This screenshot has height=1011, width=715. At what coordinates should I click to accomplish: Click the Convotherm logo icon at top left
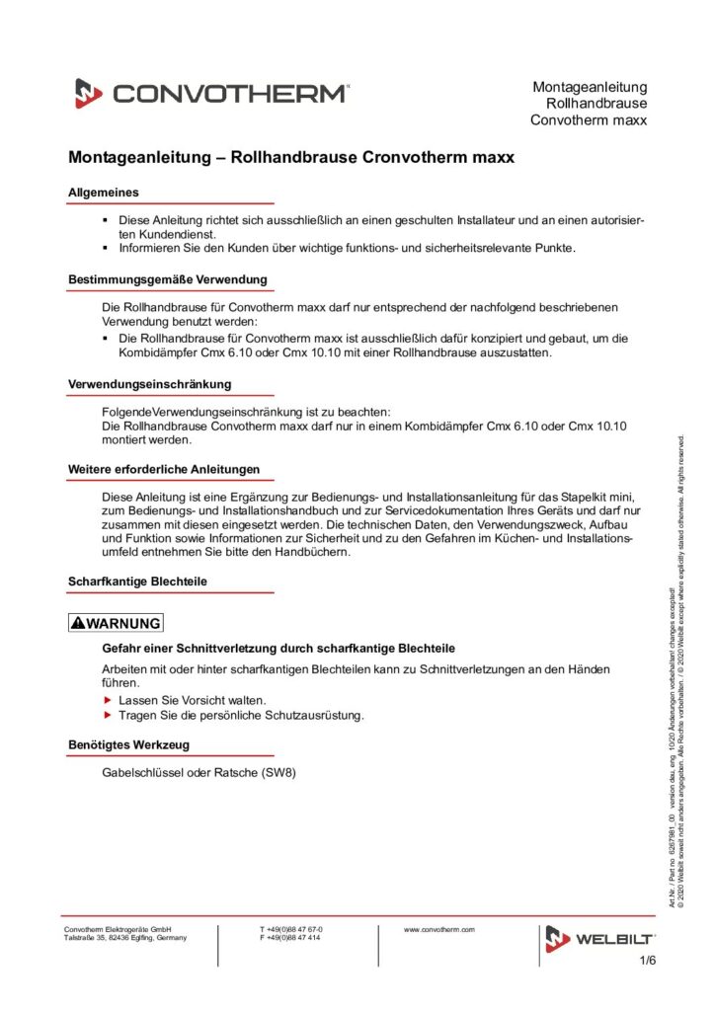(89, 94)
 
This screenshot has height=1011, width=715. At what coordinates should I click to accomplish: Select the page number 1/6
(648, 961)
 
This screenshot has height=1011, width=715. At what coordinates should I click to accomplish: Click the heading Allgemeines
(103, 192)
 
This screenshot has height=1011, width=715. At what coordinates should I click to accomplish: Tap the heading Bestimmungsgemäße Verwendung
(167, 279)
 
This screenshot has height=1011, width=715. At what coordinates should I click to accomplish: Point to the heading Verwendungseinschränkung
(149, 383)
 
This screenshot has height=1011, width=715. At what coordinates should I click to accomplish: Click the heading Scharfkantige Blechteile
(137, 582)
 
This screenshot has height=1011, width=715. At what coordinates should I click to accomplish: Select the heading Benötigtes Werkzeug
(128, 744)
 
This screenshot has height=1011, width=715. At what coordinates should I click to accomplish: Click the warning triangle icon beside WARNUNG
(79, 623)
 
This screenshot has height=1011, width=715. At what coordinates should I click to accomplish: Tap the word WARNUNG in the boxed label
(122, 623)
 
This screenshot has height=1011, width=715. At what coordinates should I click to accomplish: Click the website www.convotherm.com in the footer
(440, 929)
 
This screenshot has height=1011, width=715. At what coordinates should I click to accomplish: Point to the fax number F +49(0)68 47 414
(290, 938)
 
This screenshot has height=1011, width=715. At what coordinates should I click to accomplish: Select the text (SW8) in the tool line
(278, 772)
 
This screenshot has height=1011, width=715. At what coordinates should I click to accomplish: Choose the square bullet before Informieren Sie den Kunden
(107, 248)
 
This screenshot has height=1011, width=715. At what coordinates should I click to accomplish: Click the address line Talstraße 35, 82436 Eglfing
(124, 938)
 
